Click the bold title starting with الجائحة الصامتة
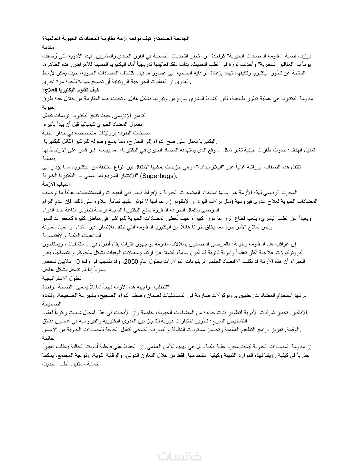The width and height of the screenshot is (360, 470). (116, 39)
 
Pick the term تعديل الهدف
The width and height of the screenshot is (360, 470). (302, 150)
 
